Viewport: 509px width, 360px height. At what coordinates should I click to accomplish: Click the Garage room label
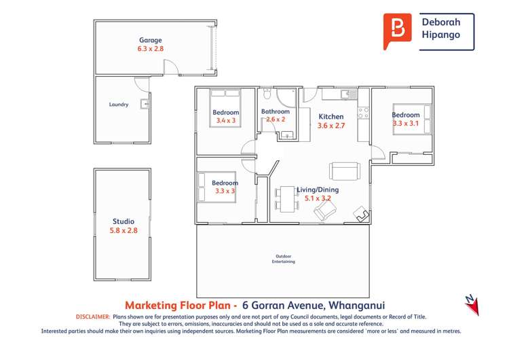pyautogui.click(x=151, y=40)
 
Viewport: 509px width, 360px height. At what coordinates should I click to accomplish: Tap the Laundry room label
pyautogui.click(x=119, y=105)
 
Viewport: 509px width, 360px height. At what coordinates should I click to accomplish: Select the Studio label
pyautogui.click(x=124, y=221)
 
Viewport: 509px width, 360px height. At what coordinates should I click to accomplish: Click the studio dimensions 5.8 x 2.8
pyautogui.click(x=124, y=231)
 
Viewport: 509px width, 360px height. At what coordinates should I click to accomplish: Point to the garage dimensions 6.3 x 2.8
pyautogui.click(x=151, y=49)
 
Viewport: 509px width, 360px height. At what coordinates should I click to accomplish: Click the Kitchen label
pyautogui.click(x=331, y=117)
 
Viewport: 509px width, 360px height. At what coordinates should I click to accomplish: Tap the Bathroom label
pyautogui.click(x=276, y=111)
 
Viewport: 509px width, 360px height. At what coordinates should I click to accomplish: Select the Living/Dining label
pyautogui.click(x=318, y=190)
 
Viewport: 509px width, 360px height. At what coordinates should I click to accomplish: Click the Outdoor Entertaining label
pyautogui.click(x=284, y=259)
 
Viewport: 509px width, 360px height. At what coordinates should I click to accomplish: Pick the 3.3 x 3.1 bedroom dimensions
pyautogui.click(x=406, y=124)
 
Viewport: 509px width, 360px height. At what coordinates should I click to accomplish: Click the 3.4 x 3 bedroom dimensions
pyautogui.click(x=226, y=121)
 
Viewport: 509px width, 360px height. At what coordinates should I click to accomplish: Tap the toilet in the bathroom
pyautogui.click(x=268, y=93)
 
